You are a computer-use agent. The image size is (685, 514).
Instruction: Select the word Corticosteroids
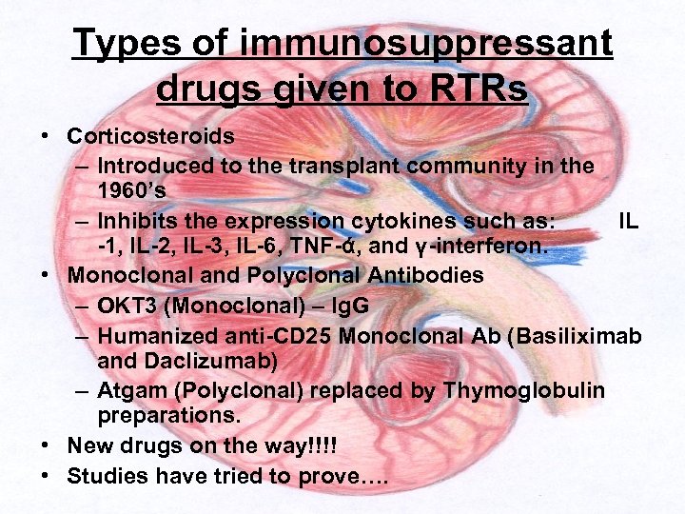(x=150, y=136)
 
